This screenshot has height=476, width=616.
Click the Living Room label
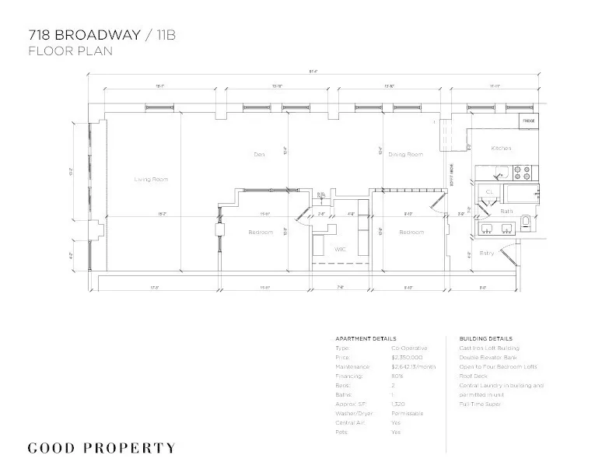[151, 180]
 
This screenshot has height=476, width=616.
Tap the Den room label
[260, 154]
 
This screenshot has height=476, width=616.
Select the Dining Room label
[405, 154]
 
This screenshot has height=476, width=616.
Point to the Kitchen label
[500, 148]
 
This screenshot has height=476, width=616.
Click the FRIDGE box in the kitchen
[528, 121]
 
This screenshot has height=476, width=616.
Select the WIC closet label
[340, 249]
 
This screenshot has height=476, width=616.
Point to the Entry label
[486, 253]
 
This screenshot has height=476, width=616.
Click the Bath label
[506, 212]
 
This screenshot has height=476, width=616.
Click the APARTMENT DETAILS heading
[365, 339]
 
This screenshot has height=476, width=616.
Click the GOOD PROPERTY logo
[101, 448]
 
